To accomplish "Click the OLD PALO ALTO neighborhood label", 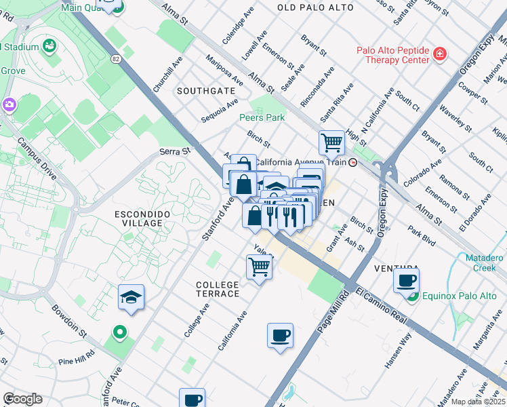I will pos(315,7).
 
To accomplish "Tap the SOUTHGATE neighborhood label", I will pos(206,90).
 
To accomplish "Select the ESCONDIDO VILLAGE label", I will pos(134,218).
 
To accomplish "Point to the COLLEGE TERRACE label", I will pos(218,289).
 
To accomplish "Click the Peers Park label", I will pos(262,117).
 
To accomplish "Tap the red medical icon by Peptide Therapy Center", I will pos(440,53).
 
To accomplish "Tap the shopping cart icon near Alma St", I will pos(331,143).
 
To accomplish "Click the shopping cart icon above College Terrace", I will pos(260,267).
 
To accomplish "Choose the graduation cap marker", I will pos(131,297).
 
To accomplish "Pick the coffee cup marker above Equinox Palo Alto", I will pos(407,279).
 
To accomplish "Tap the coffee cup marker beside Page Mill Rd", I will pos(280,335).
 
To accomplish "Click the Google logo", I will pos(22,399).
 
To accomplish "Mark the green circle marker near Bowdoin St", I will pos(120,332).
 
